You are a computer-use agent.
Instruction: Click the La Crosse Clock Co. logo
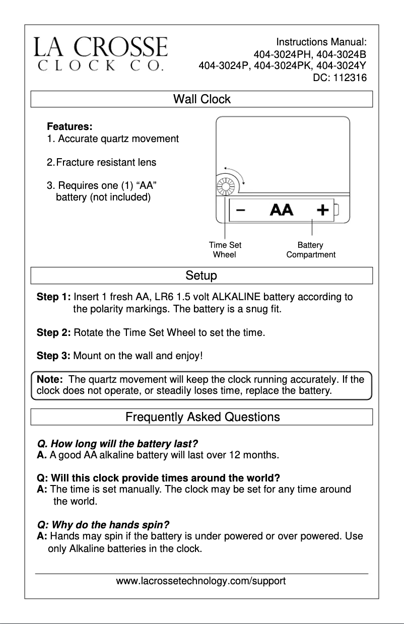point(101,54)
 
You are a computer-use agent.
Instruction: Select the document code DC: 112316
point(340,78)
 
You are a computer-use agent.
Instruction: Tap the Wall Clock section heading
point(201,99)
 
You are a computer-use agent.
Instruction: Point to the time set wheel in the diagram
point(225,187)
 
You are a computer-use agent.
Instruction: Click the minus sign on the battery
point(241,210)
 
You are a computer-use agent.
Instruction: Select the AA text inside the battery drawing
point(282,210)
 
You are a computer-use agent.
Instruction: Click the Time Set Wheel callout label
point(225,250)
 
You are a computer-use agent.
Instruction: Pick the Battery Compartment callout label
point(310,250)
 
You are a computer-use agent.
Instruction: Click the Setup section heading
point(201,276)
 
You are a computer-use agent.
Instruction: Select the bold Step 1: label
point(53,297)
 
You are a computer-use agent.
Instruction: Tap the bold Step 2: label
point(53,333)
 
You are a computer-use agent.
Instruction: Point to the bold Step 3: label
point(53,356)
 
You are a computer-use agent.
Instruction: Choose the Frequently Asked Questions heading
point(202,417)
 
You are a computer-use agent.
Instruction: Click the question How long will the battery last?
point(117,444)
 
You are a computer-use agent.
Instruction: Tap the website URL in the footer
point(201,581)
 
